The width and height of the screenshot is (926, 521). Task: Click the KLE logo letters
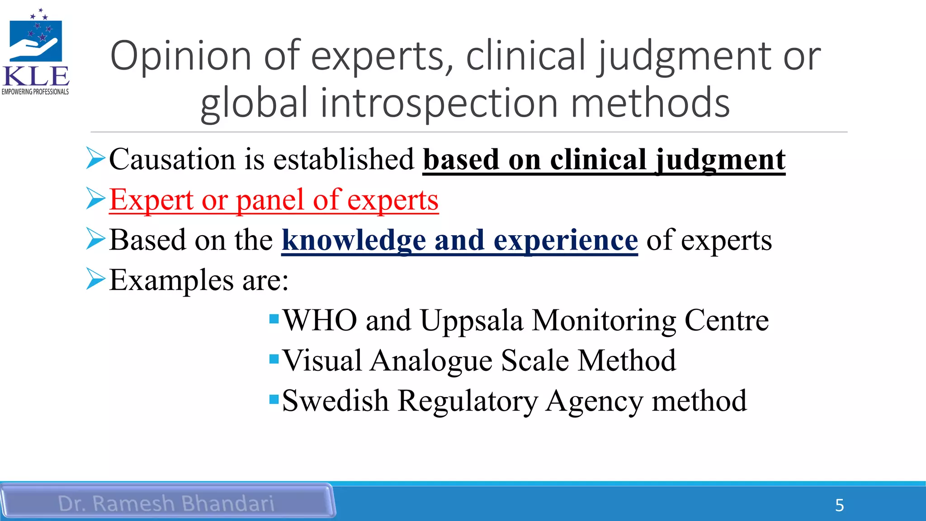pos(36,76)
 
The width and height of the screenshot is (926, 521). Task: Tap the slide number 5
pos(839,505)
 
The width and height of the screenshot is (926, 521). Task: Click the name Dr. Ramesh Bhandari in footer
pos(166,503)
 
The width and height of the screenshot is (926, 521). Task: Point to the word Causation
pos(172,160)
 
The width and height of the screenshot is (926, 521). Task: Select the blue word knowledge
pos(354,240)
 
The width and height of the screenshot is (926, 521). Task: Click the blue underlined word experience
pos(566,240)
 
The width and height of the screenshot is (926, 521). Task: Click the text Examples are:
pos(199,280)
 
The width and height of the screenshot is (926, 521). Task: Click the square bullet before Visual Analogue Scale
pos(274,360)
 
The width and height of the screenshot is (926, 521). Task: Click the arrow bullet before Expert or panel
pos(95,199)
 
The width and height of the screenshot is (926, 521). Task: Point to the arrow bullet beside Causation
pos(95,159)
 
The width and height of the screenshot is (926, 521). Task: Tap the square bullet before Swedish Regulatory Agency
pos(274,399)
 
